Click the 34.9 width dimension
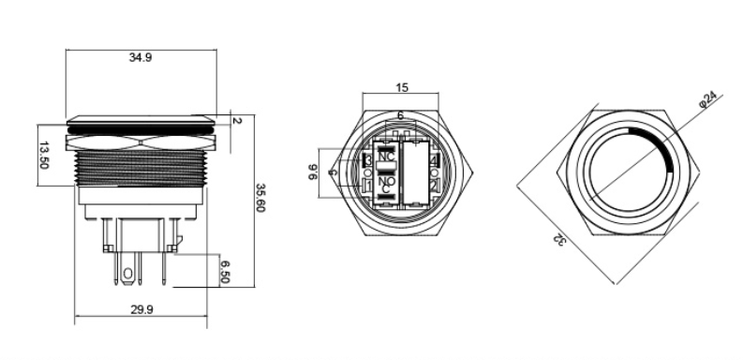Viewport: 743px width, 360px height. point(141,57)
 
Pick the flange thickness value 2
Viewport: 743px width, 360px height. point(238,121)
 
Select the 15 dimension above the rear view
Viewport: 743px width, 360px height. point(401,87)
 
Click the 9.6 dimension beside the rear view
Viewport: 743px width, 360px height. point(313,172)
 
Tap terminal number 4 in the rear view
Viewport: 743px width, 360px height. point(433,161)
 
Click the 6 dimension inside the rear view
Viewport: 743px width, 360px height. point(401,114)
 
